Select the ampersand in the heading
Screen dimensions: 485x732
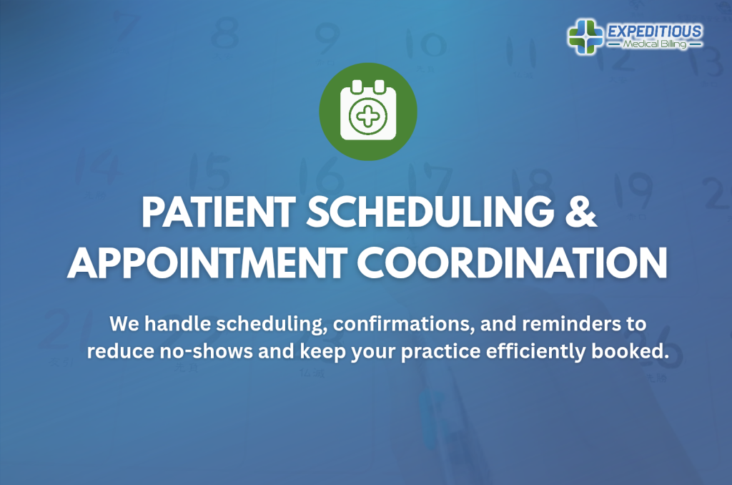coord(578,214)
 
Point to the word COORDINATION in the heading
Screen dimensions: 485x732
coord(513,263)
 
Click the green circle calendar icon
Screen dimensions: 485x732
coord(367,112)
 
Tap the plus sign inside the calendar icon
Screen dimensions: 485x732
coord(367,115)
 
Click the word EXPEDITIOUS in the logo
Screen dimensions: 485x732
coord(654,31)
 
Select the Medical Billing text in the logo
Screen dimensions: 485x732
coord(654,44)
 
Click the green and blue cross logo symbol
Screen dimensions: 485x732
coord(585,36)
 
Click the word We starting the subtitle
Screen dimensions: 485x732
coord(124,323)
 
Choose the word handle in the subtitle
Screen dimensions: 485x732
coord(173,323)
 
